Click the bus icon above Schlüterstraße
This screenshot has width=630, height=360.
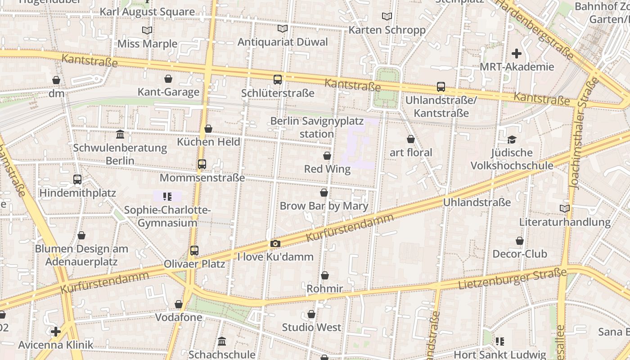click(x=278, y=80)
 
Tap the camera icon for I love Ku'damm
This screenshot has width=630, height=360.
click(x=275, y=244)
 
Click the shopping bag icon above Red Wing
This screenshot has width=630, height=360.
click(x=327, y=156)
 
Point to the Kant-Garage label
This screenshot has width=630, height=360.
click(x=168, y=92)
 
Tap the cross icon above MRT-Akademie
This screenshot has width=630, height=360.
click(x=517, y=54)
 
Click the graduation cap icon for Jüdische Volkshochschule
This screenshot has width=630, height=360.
click(x=512, y=139)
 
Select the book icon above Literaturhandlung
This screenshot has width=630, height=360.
click(x=565, y=208)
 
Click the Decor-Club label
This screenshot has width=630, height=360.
click(x=520, y=254)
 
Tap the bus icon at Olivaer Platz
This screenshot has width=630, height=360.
click(x=194, y=251)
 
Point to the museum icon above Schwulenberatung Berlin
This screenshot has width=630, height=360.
click(x=120, y=134)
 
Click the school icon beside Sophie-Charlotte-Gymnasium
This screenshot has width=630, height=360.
click(x=167, y=196)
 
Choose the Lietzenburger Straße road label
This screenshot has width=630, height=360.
click(x=512, y=279)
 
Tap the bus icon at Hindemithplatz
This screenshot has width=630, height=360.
click(x=77, y=180)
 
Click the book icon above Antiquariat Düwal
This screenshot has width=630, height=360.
click(x=283, y=29)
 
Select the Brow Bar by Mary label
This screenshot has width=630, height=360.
click(x=324, y=206)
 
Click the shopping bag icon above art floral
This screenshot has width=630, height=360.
click(x=411, y=139)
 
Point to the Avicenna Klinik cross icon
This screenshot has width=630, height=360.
click(x=56, y=332)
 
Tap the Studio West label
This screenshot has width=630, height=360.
click(x=311, y=327)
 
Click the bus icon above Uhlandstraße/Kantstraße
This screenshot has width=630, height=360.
click(x=441, y=87)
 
